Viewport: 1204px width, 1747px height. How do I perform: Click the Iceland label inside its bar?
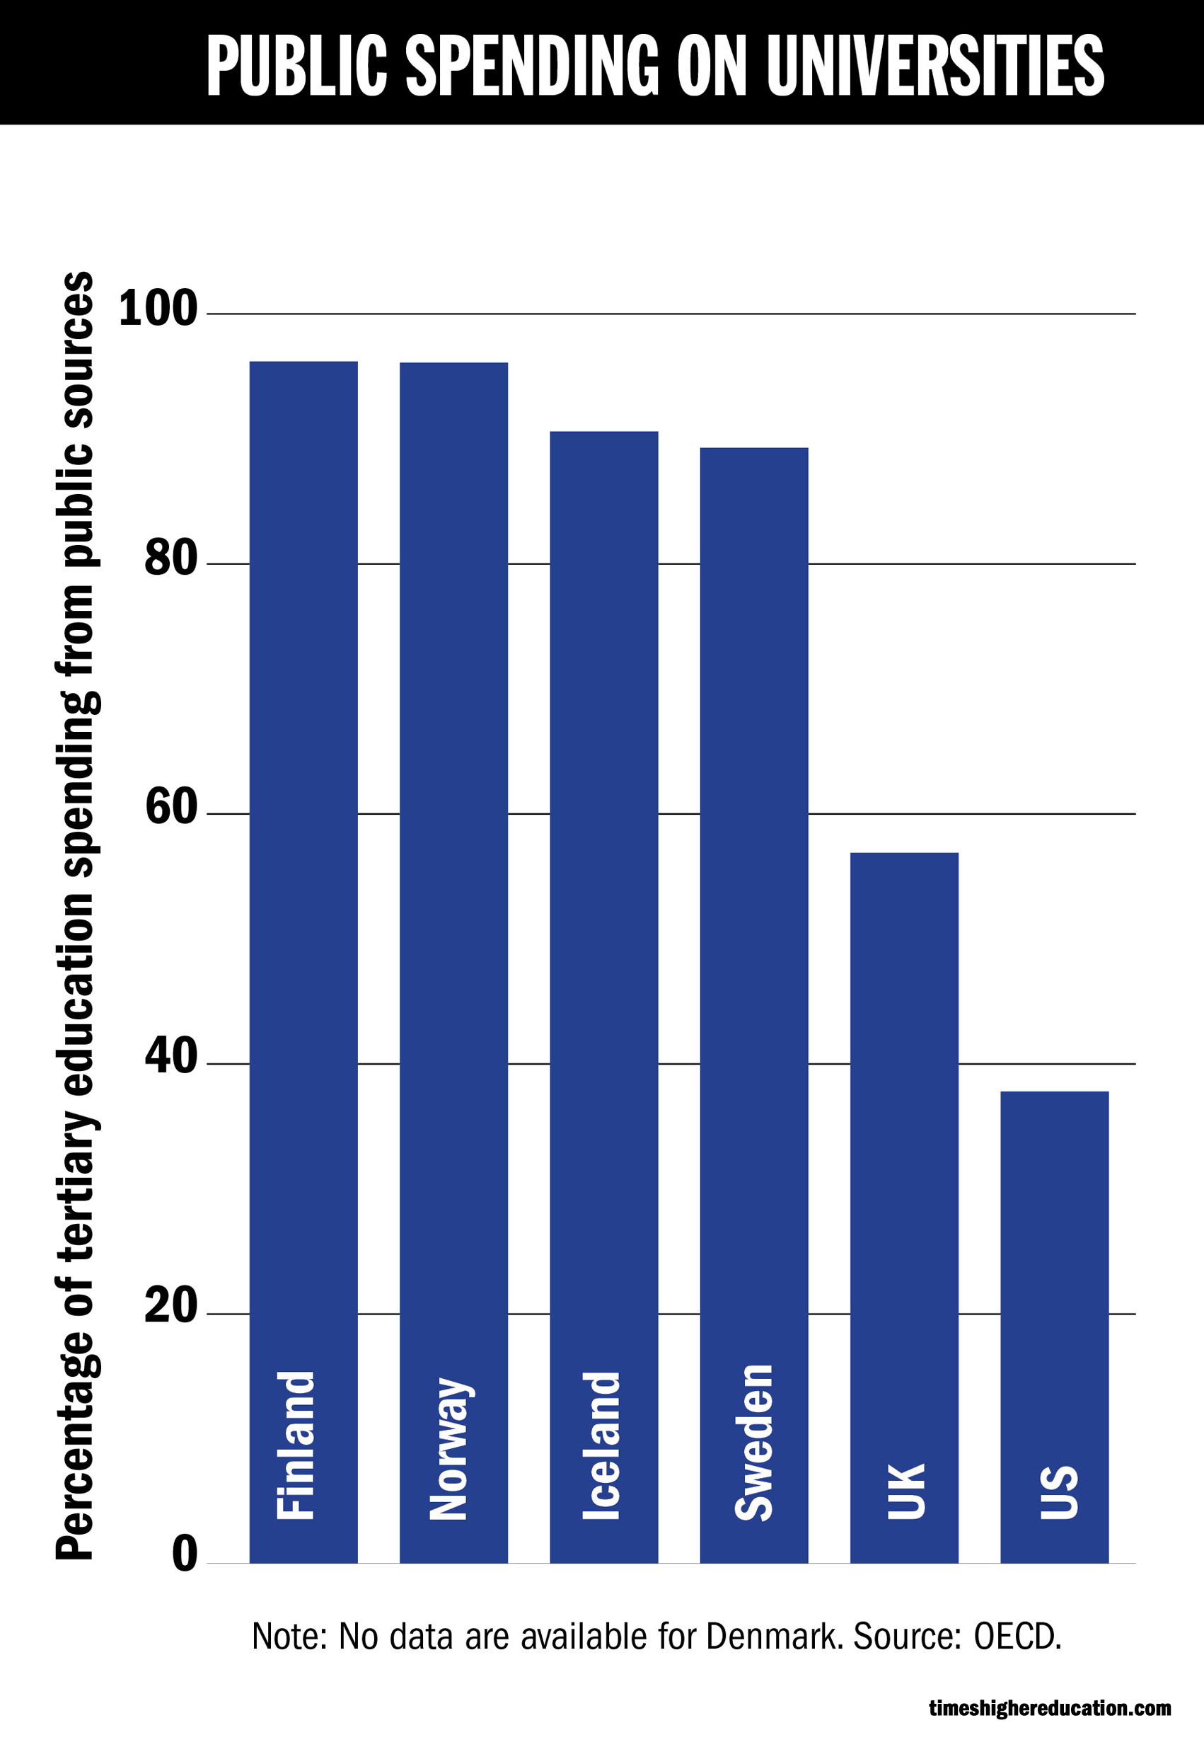pos(601,1445)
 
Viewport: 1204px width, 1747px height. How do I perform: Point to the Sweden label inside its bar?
pos(753,1441)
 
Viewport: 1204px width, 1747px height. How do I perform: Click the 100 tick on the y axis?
pos(158,309)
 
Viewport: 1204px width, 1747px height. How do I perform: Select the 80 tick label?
pos(170,559)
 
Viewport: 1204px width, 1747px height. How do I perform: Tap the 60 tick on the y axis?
pos(170,808)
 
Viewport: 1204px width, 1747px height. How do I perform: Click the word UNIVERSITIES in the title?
pos(934,67)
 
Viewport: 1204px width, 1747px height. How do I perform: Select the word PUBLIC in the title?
pos(296,67)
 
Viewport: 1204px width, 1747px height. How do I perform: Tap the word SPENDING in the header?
pos(533,67)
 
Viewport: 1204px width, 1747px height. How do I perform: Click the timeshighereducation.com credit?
pos(1049,1709)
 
